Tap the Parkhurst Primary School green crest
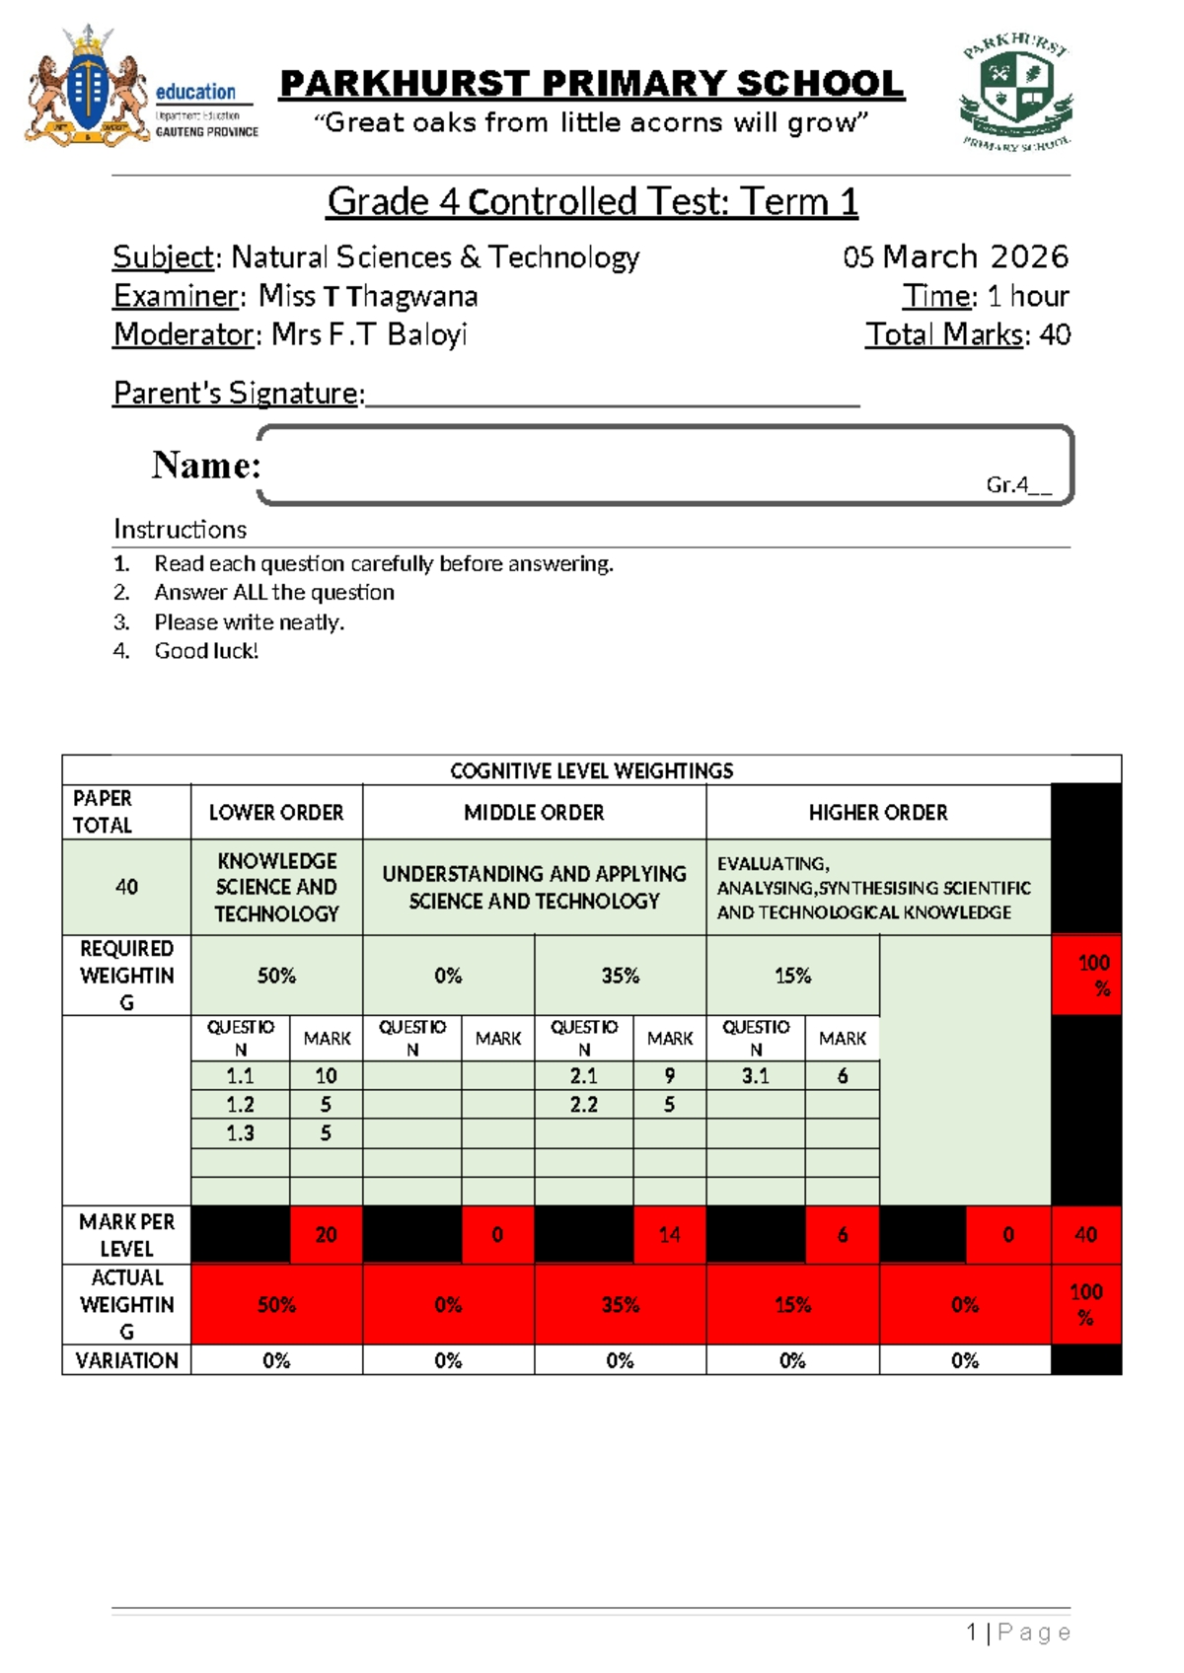(1017, 92)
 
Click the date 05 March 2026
(955, 257)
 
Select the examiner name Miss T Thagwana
(368, 296)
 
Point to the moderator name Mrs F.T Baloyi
(369, 335)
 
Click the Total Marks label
(944, 335)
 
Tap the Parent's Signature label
(239, 394)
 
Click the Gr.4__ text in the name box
(1018, 484)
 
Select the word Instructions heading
(180, 530)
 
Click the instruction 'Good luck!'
(206, 651)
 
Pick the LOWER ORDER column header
(276, 813)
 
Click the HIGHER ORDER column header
(878, 813)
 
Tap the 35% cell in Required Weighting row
(621, 976)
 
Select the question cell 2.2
(584, 1105)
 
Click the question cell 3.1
(756, 1076)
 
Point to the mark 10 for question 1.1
(326, 1076)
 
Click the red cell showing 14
(669, 1235)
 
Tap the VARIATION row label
(126, 1361)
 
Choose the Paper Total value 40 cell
(126, 887)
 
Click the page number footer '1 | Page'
(1018, 1633)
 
